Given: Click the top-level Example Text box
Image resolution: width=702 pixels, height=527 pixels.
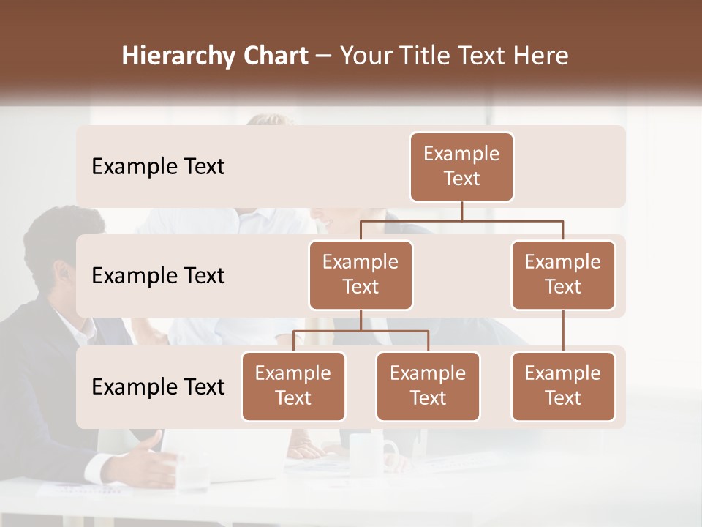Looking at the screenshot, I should point(461,167).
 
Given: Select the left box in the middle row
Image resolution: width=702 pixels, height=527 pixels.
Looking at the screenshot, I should point(361,275).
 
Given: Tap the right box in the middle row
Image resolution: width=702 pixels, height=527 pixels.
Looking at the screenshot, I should point(563,275).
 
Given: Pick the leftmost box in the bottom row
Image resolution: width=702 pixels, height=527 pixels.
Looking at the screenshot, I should point(293,386).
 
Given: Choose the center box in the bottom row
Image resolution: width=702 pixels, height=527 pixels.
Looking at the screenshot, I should point(428,386).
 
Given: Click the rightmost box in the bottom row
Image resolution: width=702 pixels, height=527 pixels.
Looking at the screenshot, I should point(563,386).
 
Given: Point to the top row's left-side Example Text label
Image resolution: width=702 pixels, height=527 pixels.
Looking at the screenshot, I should point(158,167).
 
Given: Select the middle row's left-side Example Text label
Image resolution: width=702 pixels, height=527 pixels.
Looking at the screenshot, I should point(158,276).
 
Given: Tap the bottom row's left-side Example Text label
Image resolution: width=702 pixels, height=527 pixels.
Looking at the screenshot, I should point(158,387).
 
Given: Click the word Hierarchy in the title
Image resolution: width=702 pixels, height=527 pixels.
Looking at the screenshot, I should point(178,56).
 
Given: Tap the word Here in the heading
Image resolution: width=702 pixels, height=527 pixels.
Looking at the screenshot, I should point(542,56).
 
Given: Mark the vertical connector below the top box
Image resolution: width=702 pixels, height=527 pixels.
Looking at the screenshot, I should point(461,211).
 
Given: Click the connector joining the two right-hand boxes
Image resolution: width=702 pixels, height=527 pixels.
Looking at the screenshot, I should point(563,331).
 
